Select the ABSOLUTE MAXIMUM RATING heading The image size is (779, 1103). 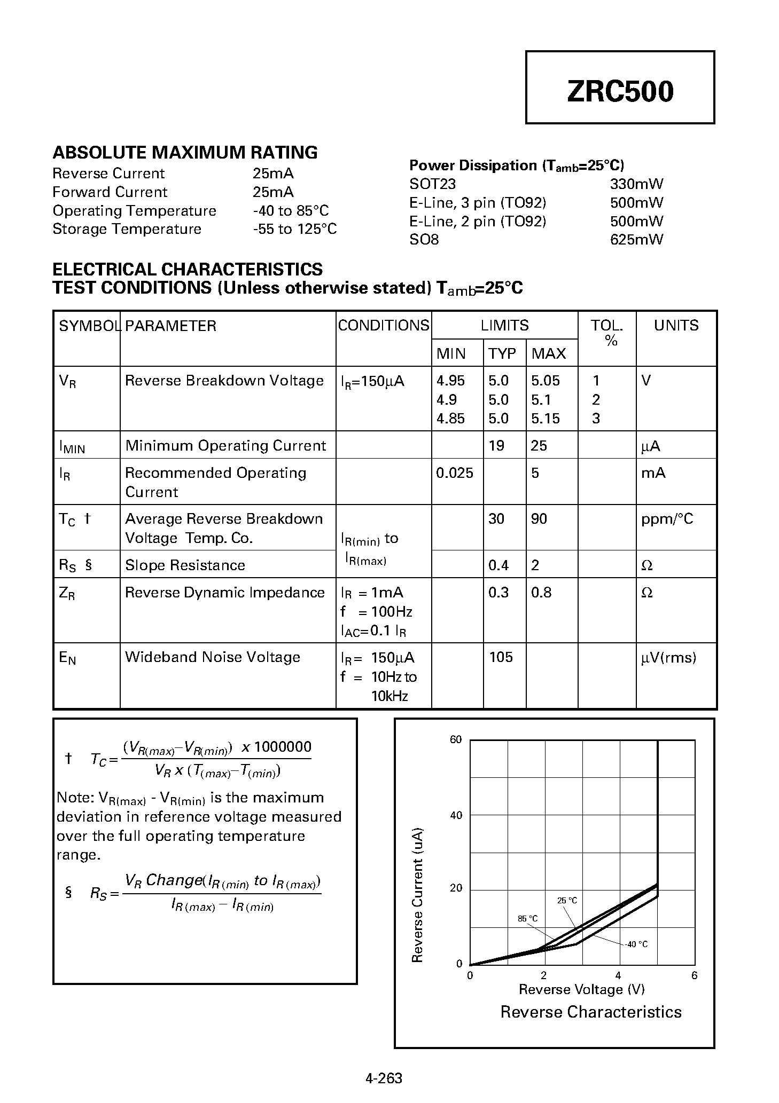(x=185, y=152)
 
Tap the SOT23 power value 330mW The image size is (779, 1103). (x=636, y=184)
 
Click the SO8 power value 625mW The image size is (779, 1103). (x=636, y=239)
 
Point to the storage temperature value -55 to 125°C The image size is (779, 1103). (x=294, y=229)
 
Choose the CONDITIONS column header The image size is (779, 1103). (x=383, y=325)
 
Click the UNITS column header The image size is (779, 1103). (x=676, y=325)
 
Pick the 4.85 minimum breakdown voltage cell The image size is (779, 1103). (x=450, y=419)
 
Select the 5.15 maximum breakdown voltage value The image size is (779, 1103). (x=545, y=419)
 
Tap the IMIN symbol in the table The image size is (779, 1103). (x=72, y=446)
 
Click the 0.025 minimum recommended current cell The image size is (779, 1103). (x=454, y=473)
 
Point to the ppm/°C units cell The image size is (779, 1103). (x=667, y=519)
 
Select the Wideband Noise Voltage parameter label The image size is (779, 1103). (x=212, y=657)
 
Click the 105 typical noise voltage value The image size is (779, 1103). (x=501, y=657)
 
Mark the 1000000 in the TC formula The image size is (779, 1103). (x=283, y=746)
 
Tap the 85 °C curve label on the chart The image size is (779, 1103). (x=527, y=918)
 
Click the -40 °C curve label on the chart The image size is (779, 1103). (x=636, y=944)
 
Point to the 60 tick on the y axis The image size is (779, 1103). (x=456, y=739)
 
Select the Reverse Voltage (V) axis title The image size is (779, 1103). (x=581, y=989)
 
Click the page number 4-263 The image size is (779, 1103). (x=384, y=1078)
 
